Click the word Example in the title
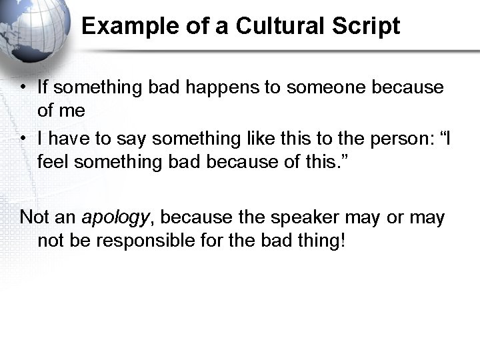coord(124,27)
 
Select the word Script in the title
coord(366,27)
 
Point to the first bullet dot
coord(23,88)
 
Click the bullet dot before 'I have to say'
coord(23,139)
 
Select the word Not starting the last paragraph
coord(33,217)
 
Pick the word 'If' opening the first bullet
coord(43,87)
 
